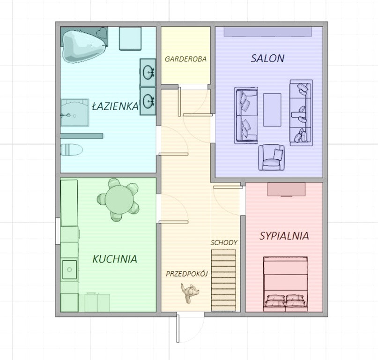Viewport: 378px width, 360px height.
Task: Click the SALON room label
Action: coord(267,59)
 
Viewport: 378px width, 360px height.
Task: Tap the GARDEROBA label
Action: coord(185,59)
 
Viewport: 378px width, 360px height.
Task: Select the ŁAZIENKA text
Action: coord(116,106)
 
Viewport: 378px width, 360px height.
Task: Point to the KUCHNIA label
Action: coord(115,259)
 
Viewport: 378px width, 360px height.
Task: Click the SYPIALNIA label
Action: coord(284,236)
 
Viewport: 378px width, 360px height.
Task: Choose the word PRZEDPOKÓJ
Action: coord(187,274)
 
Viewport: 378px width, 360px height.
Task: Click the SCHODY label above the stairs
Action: coord(224,242)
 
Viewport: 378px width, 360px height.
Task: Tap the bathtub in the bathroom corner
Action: coord(83,46)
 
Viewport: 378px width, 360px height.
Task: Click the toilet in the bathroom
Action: coord(71,150)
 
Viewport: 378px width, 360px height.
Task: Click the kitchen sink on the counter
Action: coord(69,270)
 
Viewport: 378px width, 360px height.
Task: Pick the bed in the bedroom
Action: coord(285,284)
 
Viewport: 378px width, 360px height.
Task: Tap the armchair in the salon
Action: coord(272,157)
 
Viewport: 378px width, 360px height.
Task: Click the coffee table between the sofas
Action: coord(272,110)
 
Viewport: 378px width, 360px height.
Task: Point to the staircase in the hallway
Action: coord(223,281)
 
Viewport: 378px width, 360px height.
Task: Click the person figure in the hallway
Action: coord(190,293)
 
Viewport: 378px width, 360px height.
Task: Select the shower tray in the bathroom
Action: coord(75,112)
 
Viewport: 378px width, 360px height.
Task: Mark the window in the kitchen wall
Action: coord(58,231)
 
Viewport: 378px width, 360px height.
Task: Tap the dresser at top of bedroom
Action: coord(286,189)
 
